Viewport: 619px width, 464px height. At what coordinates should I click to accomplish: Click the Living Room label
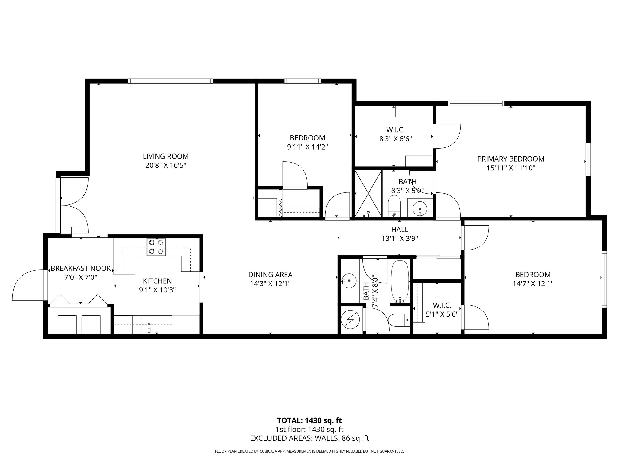click(166, 156)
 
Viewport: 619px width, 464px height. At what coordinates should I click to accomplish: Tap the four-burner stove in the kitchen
click(156, 247)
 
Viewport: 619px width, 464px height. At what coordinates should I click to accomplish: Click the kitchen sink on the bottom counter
click(149, 324)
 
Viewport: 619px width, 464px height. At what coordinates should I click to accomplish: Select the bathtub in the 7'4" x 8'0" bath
click(400, 282)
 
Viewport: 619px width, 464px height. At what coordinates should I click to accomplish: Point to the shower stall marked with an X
click(368, 193)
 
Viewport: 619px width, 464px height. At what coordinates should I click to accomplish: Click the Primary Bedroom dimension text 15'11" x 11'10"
click(510, 168)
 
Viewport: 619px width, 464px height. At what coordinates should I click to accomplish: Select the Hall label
click(400, 230)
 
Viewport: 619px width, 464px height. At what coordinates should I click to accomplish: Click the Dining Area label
click(270, 275)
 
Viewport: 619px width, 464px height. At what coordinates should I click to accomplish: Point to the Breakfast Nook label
click(81, 269)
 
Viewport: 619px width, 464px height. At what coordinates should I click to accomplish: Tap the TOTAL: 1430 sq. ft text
click(309, 420)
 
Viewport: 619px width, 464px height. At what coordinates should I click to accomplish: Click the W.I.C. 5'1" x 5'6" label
click(442, 309)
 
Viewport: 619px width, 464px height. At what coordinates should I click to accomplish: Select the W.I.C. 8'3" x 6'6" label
click(395, 134)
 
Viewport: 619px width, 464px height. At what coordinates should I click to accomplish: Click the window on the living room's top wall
click(170, 81)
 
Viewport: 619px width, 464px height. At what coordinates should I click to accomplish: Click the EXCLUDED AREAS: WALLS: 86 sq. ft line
click(309, 438)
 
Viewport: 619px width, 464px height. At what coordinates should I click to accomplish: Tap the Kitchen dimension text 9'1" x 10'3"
click(157, 290)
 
